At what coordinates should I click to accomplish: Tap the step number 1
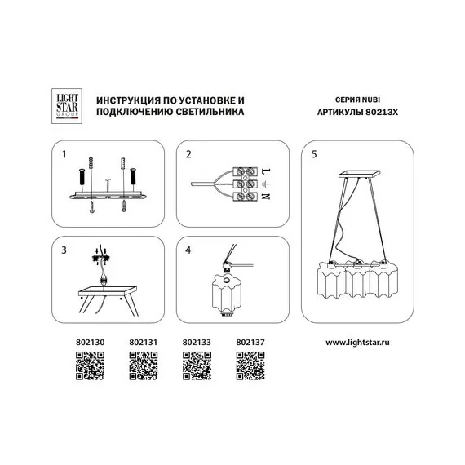pos(64,153)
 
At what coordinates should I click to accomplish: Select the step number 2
pos(188,153)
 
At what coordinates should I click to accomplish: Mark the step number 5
pos(308,153)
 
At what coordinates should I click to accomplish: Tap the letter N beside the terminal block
pos(268,197)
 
